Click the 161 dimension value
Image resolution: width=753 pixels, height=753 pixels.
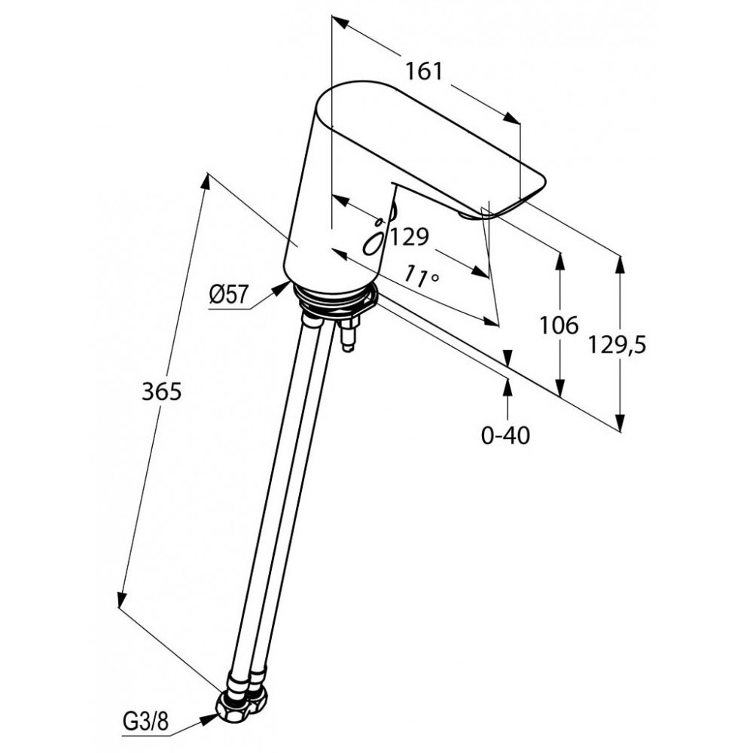[423, 72]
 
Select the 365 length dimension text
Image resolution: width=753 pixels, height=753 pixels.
[161, 392]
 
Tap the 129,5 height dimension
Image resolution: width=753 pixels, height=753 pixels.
[617, 345]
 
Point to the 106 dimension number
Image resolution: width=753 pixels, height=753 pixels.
[559, 325]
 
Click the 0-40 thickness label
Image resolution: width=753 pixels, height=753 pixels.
[506, 435]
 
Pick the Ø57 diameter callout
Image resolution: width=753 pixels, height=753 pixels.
[229, 294]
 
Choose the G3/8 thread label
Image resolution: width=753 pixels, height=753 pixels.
[146, 721]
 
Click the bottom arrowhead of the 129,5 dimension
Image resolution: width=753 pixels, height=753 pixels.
[620, 423]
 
